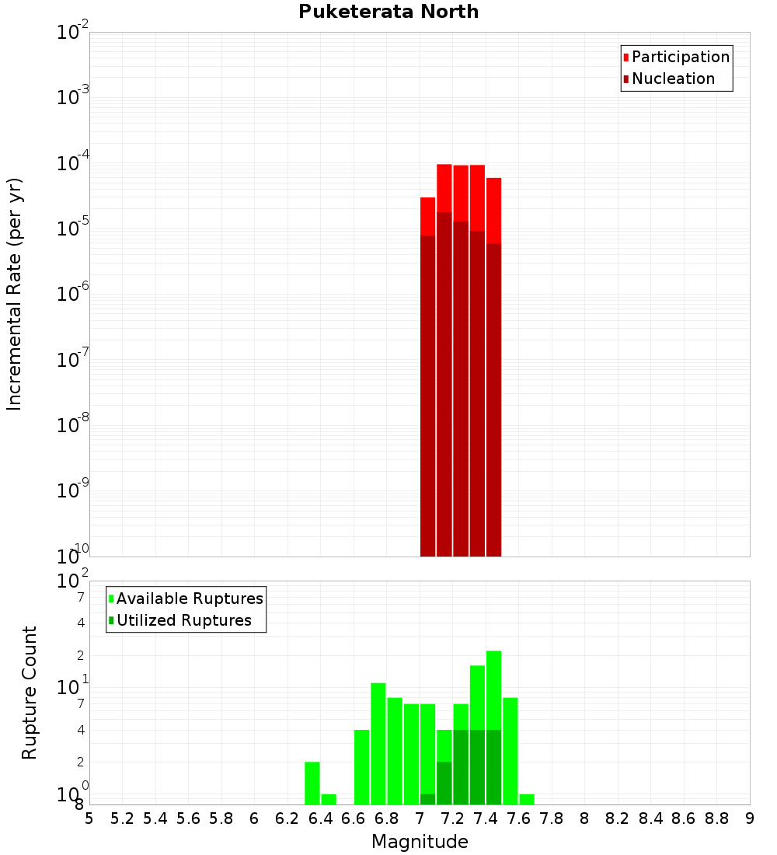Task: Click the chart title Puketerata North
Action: [388, 12]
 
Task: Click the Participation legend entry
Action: [680, 58]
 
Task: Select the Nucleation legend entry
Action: [672, 79]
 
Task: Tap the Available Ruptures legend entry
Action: [189, 599]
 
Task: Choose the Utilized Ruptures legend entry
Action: [183, 621]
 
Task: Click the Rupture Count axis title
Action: [30, 693]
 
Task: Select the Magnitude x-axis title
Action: [420, 842]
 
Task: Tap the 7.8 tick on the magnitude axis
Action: [552, 818]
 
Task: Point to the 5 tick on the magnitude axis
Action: [89, 818]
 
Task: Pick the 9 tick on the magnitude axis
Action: [750, 818]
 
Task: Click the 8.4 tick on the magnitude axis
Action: [651, 818]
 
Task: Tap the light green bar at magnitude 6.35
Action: [312, 783]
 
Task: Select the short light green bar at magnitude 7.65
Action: [527, 800]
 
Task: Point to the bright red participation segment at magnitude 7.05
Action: [427, 216]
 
